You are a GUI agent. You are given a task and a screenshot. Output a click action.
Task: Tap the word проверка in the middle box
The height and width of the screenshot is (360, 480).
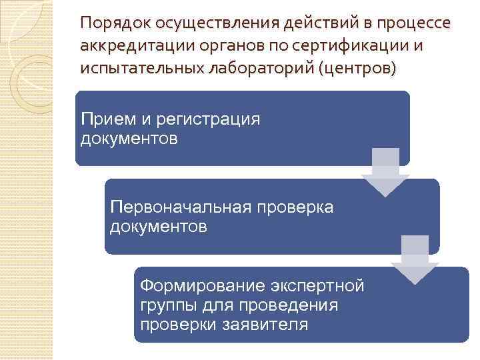(x=298, y=208)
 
